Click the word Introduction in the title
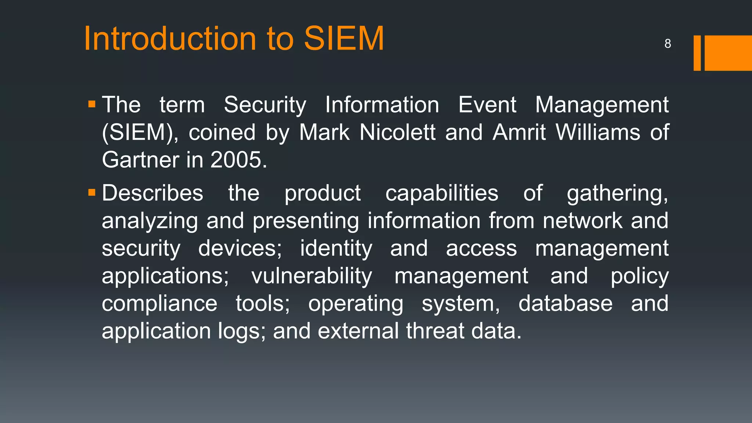170,39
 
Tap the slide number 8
668,44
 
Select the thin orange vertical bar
697,53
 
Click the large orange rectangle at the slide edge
728,53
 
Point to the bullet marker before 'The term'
92,105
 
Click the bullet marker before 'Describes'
92,192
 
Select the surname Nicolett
397,132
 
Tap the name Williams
598,132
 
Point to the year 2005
239,160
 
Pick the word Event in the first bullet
487,105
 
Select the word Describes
152,193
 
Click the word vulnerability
312,276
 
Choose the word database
565,304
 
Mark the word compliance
160,304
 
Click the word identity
336,249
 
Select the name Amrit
519,132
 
